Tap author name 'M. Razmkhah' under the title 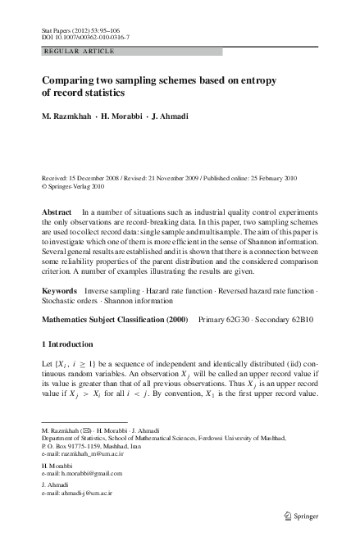pos(69,116)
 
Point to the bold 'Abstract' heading pos(57,212)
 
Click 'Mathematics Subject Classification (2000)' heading pos(115,318)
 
